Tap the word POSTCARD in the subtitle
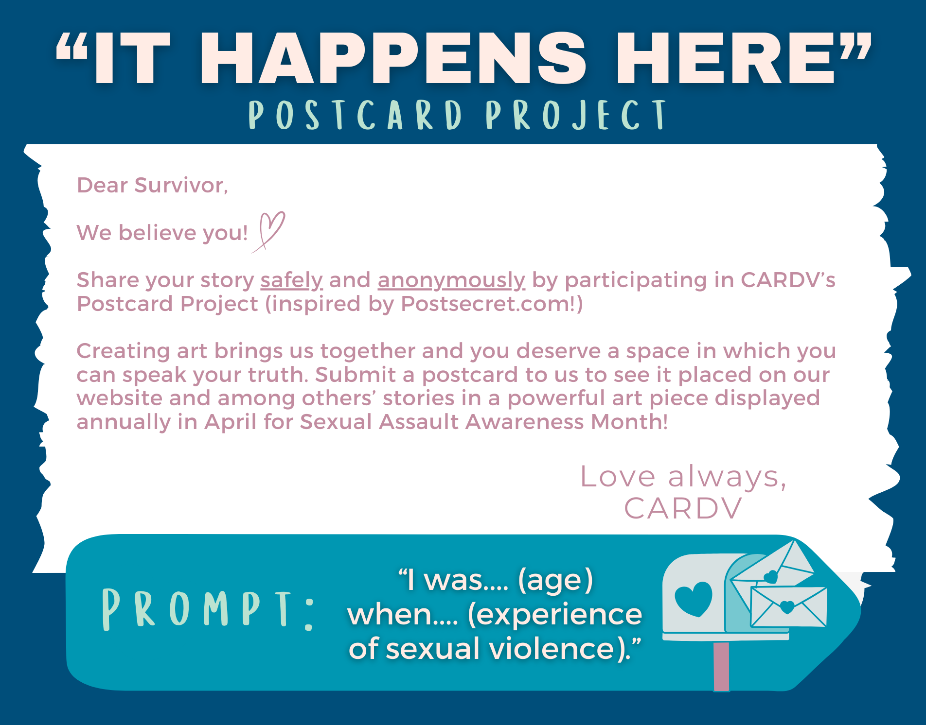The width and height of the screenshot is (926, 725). (x=355, y=115)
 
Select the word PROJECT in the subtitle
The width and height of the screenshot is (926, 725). (x=576, y=115)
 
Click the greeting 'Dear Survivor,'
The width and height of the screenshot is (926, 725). (x=152, y=185)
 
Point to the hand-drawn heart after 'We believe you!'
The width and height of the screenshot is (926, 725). (x=269, y=231)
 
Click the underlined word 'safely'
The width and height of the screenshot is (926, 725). (x=291, y=280)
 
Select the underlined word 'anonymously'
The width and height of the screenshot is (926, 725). (x=451, y=280)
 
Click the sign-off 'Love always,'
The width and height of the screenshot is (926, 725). (x=683, y=476)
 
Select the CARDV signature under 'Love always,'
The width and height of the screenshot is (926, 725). (x=683, y=508)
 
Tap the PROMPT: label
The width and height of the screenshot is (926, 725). (x=207, y=610)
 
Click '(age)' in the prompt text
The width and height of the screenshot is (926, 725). (x=555, y=580)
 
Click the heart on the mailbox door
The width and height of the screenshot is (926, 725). (x=694, y=599)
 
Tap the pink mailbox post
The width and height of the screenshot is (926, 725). (x=721, y=666)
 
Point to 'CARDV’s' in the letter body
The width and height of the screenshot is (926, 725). (x=788, y=280)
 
